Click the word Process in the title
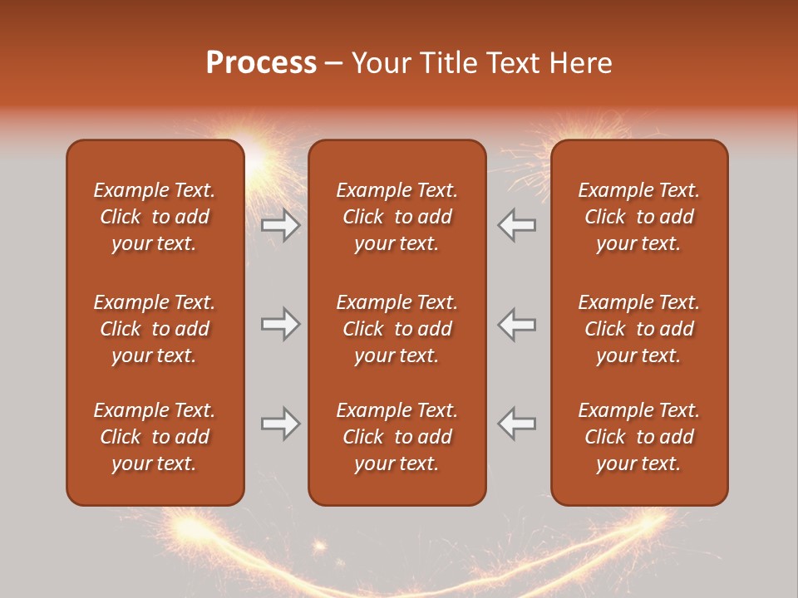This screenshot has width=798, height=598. [x=261, y=63]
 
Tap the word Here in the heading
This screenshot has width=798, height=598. [x=579, y=63]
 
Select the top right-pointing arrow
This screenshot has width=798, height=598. [x=280, y=225]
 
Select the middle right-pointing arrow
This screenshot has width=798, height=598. [x=280, y=324]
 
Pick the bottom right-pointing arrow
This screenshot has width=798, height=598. [x=280, y=424]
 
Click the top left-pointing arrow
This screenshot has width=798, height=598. [x=517, y=225]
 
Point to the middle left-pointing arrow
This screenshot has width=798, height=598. [x=517, y=324]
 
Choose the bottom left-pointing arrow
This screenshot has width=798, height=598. [x=517, y=424]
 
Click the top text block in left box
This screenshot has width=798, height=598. [x=155, y=217]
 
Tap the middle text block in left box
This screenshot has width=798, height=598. [x=155, y=329]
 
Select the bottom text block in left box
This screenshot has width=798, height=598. [x=155, y=437]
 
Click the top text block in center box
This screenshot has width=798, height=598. [x=397, y=217]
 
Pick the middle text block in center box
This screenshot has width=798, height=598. [x=397, y=329]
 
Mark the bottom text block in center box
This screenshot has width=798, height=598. [x=397, y=437]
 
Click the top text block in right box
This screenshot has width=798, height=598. [x=638, y=217]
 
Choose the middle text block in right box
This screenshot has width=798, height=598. [x=638, y=329]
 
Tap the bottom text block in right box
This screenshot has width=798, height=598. [x=638, y=437]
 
